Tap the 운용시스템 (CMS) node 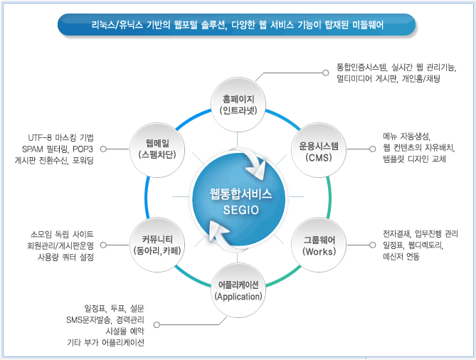pyautogui.click(x=317, y=151)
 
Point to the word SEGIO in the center pyautogui.click(x=239, y=210)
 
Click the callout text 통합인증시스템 pyautogui.click(x=364, y=67)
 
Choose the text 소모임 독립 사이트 pyautogui.click(x=63, y=233)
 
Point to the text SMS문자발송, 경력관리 pyautogui.click(x=105, y=319)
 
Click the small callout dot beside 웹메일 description pyautogui.click(x=104, y=149)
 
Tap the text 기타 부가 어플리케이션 pyautogui.click(x=105, y=342)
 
